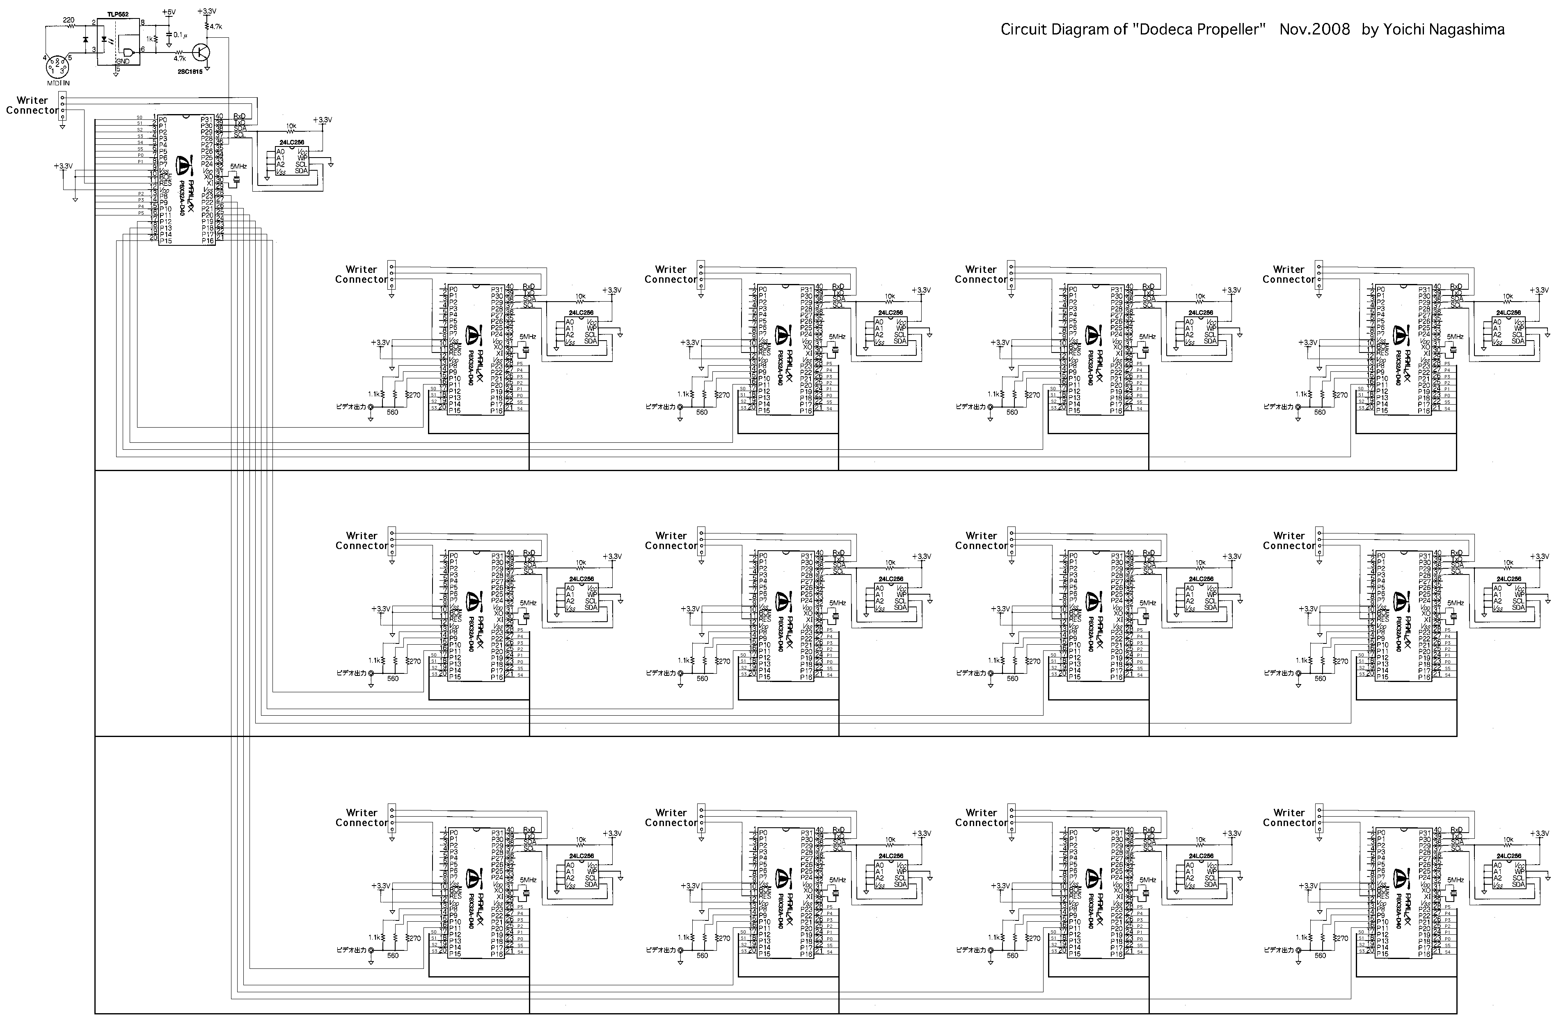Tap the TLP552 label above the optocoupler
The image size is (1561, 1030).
(x=118, y=14)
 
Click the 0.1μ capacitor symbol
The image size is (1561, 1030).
(x=169, y=34)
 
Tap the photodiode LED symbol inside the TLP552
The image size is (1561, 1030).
(x=104, y=38)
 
